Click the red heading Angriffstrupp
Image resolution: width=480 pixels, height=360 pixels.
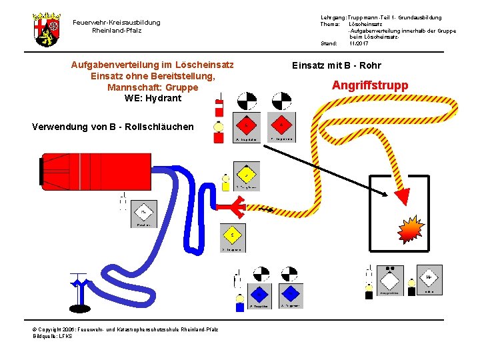coord(370,85)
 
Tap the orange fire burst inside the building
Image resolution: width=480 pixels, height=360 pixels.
coord(410,229)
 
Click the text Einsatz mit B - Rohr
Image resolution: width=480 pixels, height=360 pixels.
coord(337,66)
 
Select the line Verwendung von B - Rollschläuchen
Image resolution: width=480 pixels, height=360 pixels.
coord(113,127)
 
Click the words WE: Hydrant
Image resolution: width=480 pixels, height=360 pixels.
coord(152,98)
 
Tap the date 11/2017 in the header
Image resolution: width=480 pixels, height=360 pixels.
coord(358,43)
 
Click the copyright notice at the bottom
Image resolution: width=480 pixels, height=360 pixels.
coord(125,329)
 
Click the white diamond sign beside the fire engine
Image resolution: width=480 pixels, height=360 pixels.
coord(143,213)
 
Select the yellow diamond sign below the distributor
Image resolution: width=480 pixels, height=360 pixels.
coord(232,235)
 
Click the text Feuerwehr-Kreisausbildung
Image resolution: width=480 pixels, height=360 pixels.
coord(116,23)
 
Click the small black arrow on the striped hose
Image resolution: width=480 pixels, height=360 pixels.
coord(265,211)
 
